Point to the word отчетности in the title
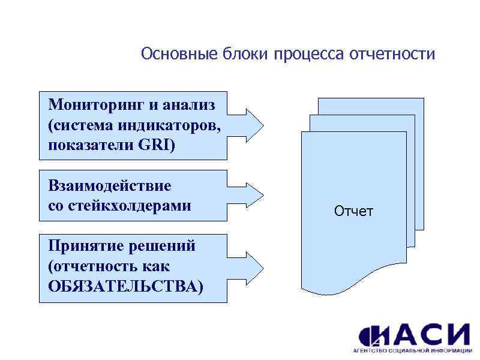393,55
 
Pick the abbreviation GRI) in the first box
158,145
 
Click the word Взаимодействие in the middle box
110,185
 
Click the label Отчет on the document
353,211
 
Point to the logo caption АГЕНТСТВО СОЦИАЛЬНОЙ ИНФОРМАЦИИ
414,350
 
